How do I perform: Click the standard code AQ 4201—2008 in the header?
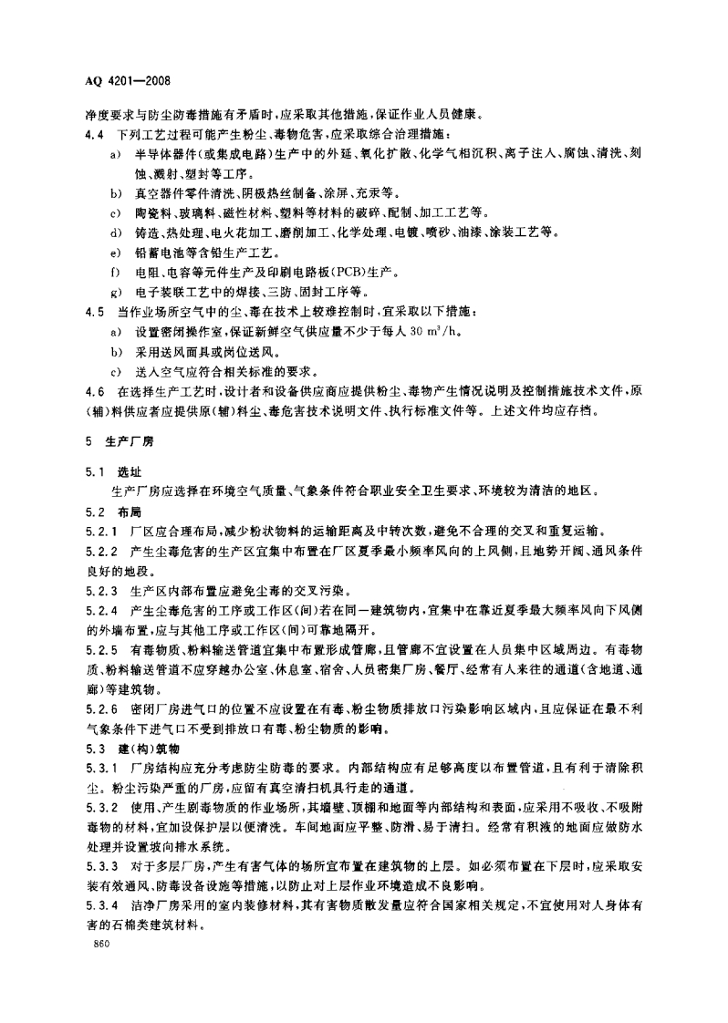point(121,80)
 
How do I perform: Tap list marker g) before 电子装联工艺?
point(115,292)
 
